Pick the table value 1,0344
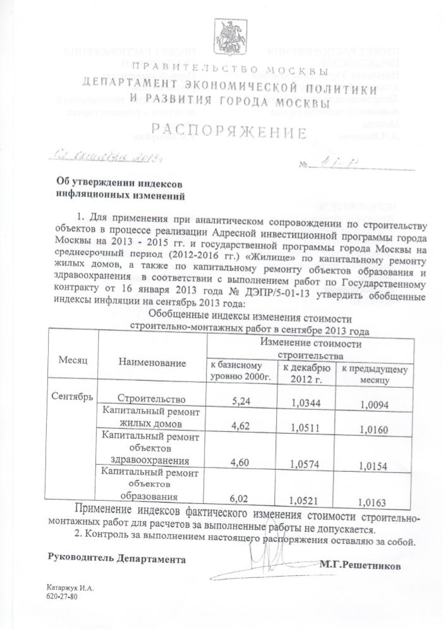(306, 402)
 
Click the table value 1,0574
(306, 464)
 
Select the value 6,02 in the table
(241, 499)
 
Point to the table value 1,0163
(372, 502)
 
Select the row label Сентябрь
(71, 397)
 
